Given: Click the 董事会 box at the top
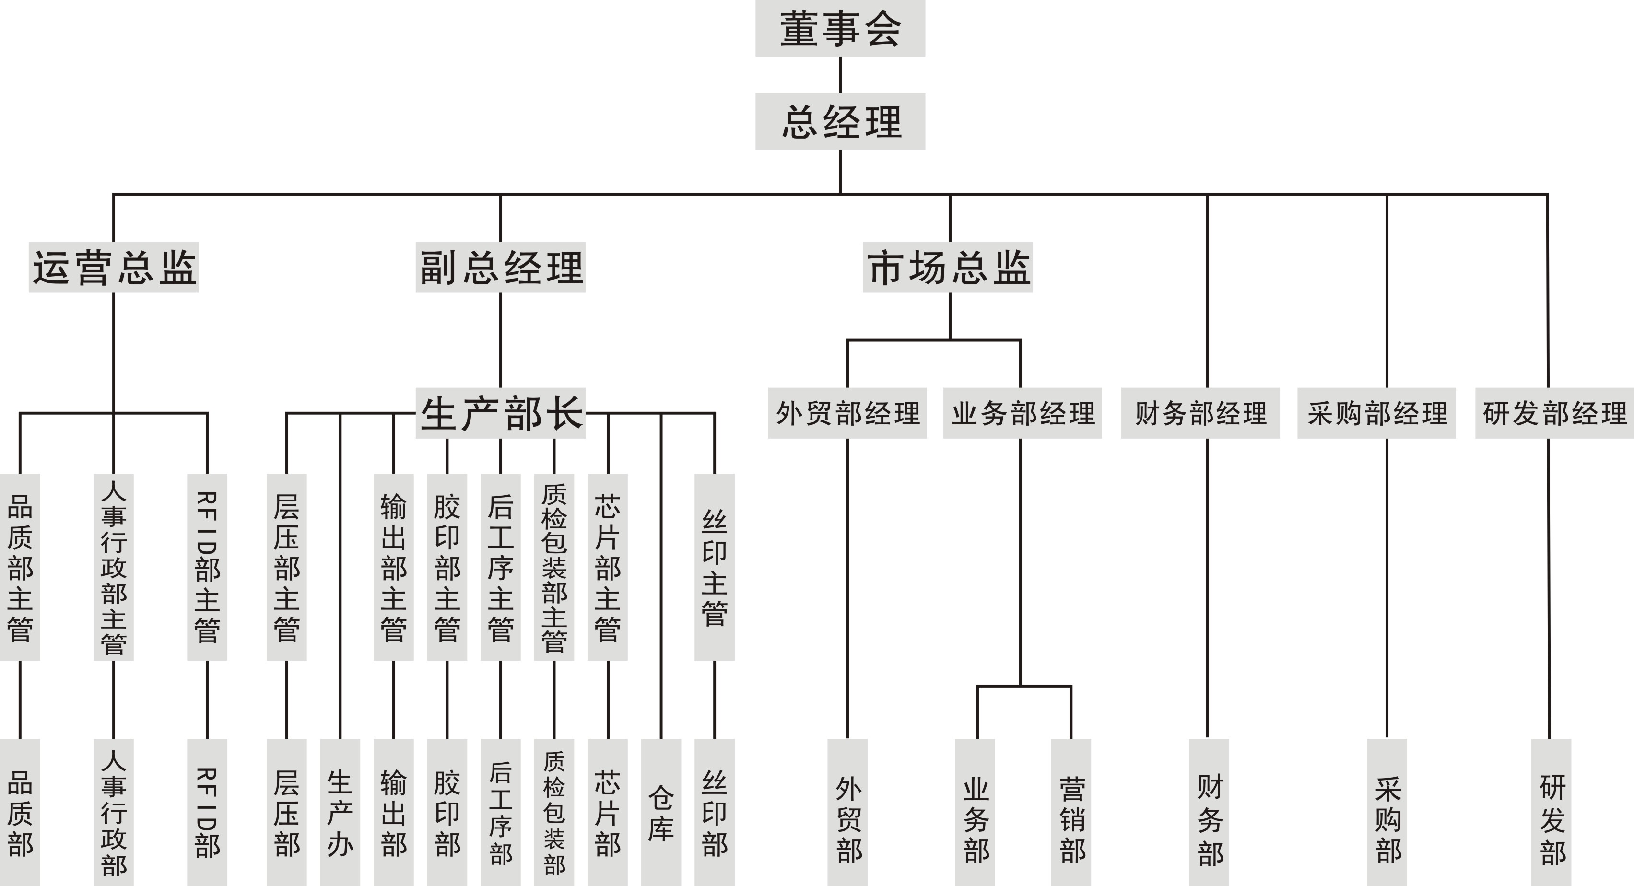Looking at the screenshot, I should point(840,29).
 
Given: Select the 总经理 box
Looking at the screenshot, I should point(840,121).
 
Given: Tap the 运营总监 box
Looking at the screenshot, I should point(114,267).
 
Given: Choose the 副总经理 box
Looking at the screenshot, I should point(501,267).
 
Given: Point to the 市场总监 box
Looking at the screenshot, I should point(948,267).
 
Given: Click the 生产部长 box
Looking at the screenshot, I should point(501,413).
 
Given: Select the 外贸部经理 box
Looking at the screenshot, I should point(847,413).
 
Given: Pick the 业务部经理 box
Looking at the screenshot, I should point(1023,413).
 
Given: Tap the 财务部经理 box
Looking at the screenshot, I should point(1200,413).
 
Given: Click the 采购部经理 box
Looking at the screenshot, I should point(1376,413).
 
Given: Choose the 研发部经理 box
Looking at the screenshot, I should point(1554,413).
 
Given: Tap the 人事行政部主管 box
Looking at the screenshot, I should point(114,567).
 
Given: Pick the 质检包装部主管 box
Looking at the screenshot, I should point(554,567).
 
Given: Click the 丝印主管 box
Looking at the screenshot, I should point(714,567).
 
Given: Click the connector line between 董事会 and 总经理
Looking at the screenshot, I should point(840,75).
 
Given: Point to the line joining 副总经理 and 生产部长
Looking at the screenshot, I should point(501,340).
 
